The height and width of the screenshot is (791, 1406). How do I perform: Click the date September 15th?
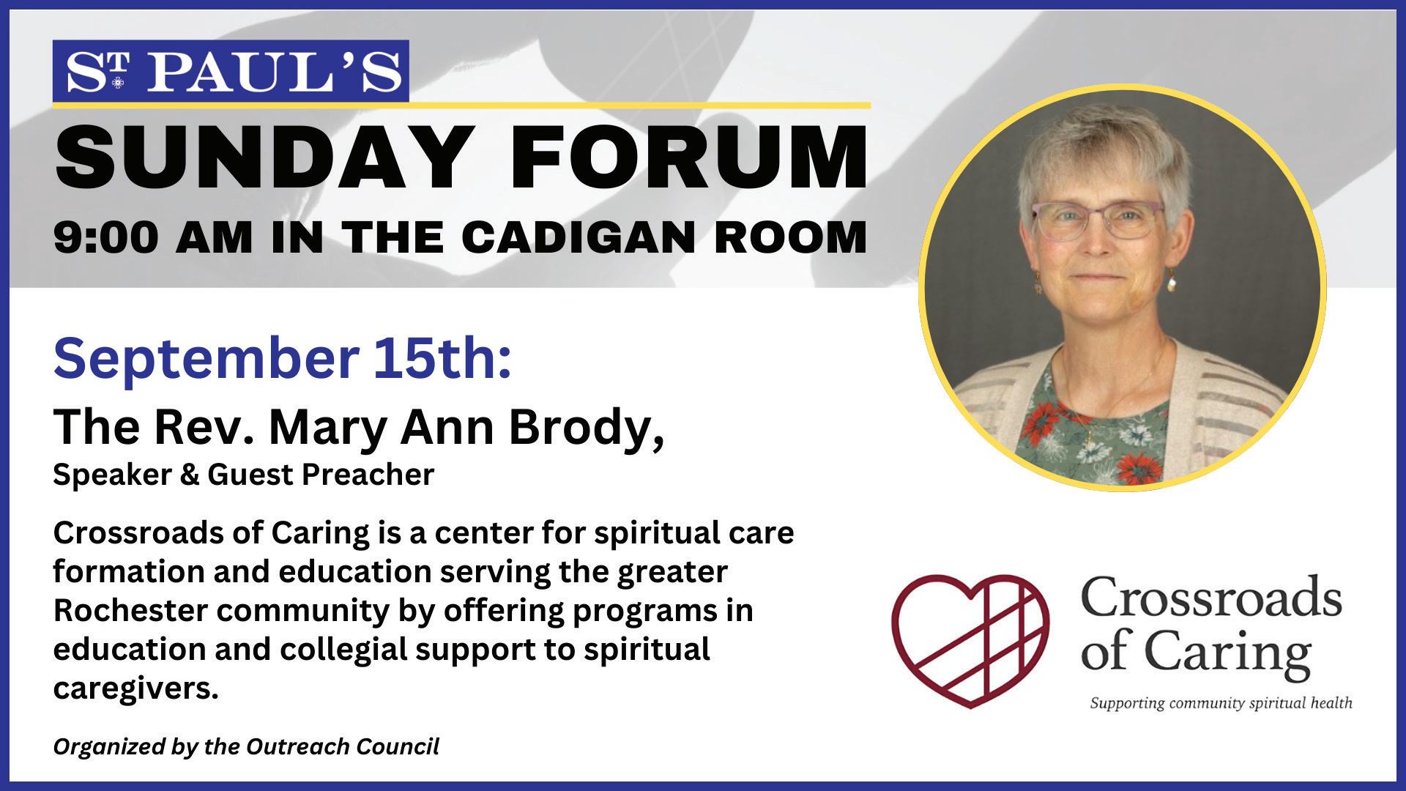[282, 360]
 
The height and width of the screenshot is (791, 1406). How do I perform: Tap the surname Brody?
[587, 428]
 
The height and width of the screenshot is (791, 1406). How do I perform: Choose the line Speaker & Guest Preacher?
[244, 475]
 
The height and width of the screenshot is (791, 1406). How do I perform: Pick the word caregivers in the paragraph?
[135, 689]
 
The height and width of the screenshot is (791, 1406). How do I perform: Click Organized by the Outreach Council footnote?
[246, 746]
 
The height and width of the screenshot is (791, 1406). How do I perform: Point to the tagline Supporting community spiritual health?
[1221, 704]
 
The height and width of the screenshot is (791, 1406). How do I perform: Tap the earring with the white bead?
[1172, 278]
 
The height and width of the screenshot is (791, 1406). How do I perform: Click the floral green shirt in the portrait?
[1120, 432]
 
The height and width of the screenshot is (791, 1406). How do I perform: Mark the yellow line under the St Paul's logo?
[462, 105]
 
